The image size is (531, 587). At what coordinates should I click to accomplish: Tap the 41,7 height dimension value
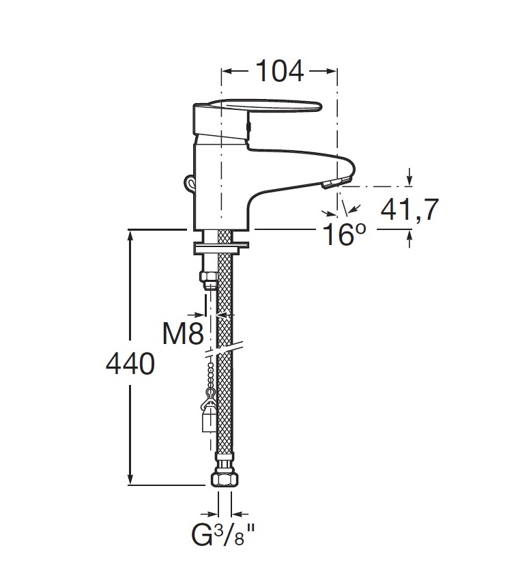(x=410, y=210)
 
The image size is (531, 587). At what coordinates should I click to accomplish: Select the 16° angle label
(x=344, y=234)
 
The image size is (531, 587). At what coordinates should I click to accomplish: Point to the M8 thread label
(x=183, y=333)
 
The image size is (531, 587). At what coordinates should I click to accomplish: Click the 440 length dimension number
(x=130, y=364)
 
